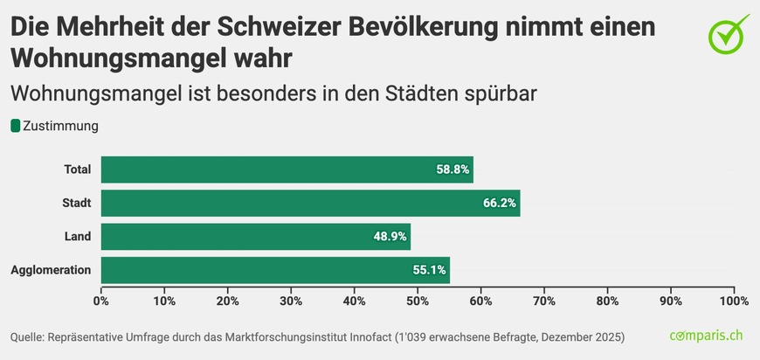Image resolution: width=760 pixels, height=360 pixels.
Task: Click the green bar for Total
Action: pos(287,170)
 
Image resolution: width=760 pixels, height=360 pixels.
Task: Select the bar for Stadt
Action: pos(310,203)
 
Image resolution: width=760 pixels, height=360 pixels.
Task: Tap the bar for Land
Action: pos(255,237)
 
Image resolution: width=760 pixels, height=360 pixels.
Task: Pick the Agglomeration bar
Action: pos(275,270)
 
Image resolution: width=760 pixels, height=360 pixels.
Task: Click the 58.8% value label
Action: pos(453,170)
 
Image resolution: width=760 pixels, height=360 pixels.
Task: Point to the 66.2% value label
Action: pos(500,203)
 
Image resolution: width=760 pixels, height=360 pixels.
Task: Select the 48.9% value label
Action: pos(390,237)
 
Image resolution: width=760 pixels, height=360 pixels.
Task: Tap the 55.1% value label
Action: pos(430,270)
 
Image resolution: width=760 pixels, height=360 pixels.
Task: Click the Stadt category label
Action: pos(77,203)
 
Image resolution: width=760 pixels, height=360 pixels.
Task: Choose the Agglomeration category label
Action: pos(51,270)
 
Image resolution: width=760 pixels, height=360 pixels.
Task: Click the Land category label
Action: pos(78,237)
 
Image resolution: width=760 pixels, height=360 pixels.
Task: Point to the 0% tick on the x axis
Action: pos(101,301)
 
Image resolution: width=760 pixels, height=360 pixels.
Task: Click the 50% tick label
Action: pos(418,301)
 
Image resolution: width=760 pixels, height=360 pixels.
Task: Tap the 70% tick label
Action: pos(544,301)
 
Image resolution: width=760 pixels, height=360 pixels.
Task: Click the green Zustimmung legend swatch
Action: pos(15,126)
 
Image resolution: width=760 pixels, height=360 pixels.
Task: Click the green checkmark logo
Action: pos(727,35)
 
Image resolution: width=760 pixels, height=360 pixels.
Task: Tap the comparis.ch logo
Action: pos(706,336)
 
